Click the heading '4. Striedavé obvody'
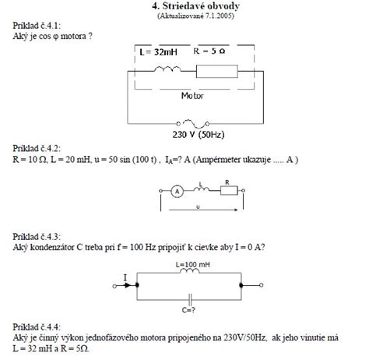pos(195,6)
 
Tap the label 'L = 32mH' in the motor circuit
pos(158,52)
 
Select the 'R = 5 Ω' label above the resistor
pos(209,51)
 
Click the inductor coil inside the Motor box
pos(167,69)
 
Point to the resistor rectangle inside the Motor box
pos(217,72)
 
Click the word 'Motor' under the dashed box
pos(192,96)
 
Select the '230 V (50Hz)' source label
pos(199,135)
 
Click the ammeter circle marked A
pos(177,192)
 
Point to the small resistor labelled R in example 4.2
pos(229,190)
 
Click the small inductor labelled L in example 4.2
pos(202,189)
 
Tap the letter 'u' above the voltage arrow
pos(198,207)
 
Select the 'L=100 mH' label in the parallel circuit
pos(193,265)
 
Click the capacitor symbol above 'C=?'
pos(190,300)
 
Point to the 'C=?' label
pos(188,310)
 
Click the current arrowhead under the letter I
pos(127,285)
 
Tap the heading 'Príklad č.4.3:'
pos(37,237)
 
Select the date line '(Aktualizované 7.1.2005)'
pos(195,16)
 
